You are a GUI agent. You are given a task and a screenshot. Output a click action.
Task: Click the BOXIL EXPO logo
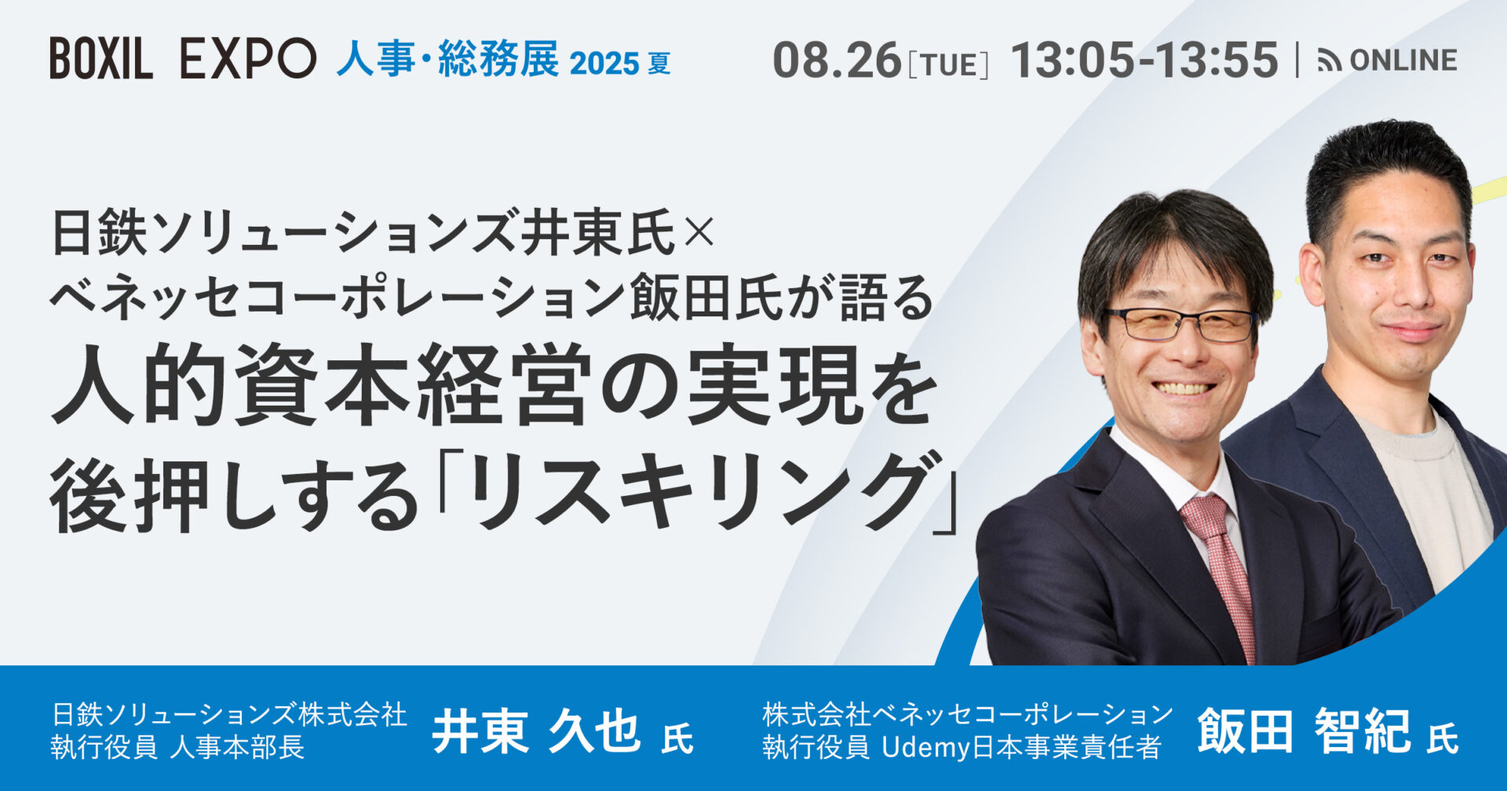tap(183, 59)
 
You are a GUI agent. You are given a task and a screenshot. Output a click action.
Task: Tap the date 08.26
tap(837, 60)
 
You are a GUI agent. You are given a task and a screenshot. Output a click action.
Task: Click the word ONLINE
tap(1403, 60)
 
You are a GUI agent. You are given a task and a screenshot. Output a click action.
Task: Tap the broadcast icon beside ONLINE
tap(1330, 60)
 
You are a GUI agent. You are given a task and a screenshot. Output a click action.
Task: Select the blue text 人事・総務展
tap(448, 59)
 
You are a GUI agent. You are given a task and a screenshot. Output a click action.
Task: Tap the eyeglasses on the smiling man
tap(1182, 325)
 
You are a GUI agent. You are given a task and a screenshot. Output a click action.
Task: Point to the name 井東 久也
tap(536, 731)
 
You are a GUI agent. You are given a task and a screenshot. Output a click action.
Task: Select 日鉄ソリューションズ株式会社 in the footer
tap(229, 714)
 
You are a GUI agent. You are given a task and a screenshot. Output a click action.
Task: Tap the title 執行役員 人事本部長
tap(177, 747)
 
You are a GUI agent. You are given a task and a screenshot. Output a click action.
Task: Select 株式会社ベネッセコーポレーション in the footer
tap(967, 714)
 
